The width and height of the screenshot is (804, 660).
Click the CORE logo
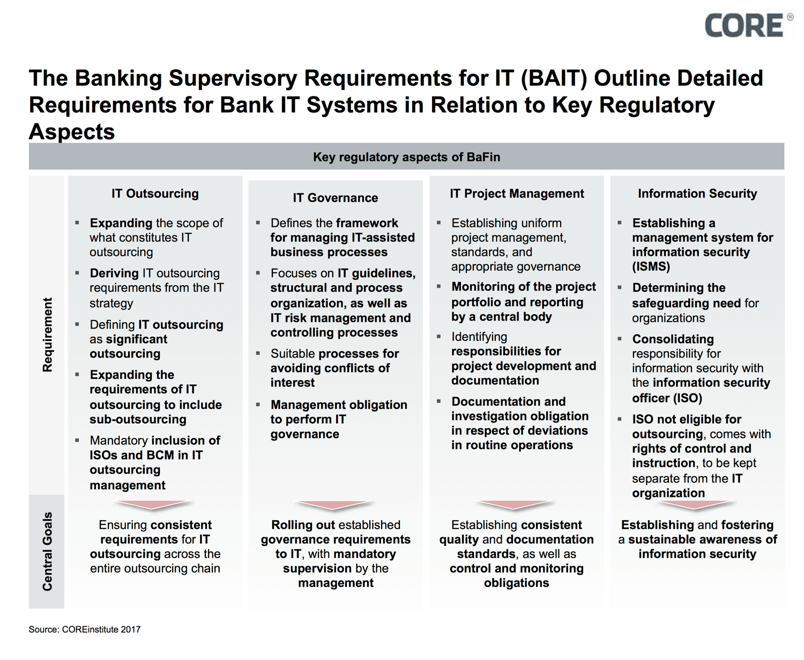(745, 26)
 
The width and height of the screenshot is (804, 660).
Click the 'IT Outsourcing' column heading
(155, 194)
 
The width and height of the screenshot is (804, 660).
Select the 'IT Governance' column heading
(335, 198)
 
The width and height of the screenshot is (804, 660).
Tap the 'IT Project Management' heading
(517, 194)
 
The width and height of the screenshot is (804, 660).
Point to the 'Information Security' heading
(697, 194)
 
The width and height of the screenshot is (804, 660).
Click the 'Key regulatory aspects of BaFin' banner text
(406, 157)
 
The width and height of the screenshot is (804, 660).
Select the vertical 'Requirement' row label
(48, 335)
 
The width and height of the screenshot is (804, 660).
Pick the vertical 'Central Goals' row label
(48, 551)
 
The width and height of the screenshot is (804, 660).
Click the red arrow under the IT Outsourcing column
(153, 505)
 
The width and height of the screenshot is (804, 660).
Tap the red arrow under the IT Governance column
(334, 505)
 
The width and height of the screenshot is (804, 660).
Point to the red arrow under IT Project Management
(515, 505)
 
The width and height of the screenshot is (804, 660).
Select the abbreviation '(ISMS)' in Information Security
(651, 266)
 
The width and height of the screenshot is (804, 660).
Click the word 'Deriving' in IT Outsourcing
(114, 273)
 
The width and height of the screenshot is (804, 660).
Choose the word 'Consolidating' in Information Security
(673, 339)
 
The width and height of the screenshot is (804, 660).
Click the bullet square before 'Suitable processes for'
(258, 353)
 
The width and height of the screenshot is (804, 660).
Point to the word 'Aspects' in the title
(72, 131)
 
